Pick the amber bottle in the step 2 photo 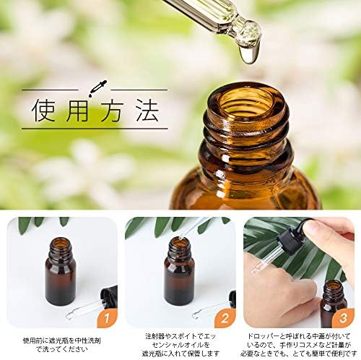(178, 273)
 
